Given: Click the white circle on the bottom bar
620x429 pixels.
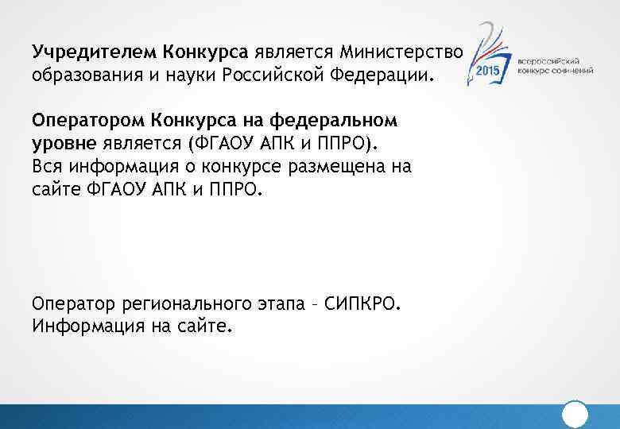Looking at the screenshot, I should click(574, 415).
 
